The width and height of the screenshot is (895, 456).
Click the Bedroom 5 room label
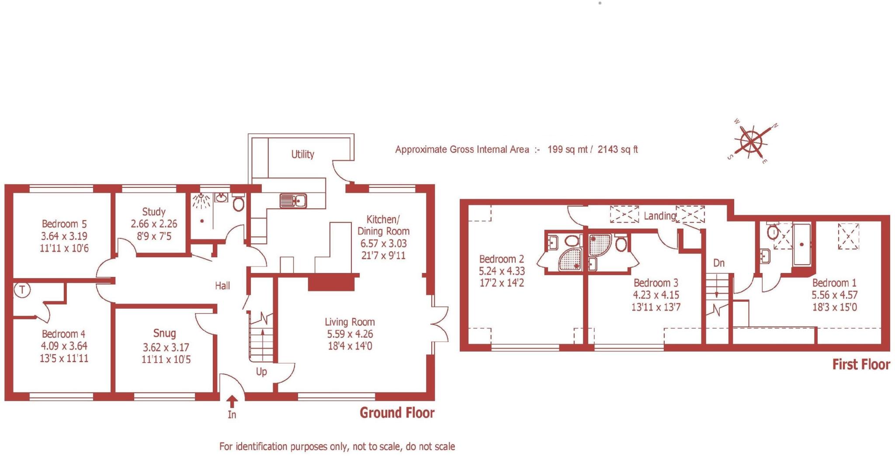tap(64, 224)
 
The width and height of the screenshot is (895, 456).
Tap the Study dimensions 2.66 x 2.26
tap(154, 224)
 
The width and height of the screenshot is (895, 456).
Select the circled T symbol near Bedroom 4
tap(22, 290)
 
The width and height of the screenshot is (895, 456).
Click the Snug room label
tap(164, 334)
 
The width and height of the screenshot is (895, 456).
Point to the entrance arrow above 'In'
tap(232, 401)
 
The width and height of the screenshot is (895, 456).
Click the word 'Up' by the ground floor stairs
tap(261, 372)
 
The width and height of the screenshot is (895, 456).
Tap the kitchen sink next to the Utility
tap(293, 201)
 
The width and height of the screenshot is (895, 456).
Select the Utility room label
tap(302, 154)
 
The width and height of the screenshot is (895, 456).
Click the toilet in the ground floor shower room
tap(238, 204)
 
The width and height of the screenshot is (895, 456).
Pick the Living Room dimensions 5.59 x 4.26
tap(350, 334)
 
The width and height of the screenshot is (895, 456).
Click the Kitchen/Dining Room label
tap(383, 225)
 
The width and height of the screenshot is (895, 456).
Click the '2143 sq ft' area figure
tap(617, 149)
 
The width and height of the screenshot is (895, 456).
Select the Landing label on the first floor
tap(659, 216)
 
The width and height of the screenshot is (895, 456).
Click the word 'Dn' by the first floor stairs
tap(719, 263)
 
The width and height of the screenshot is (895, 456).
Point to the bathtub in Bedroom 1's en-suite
tap(801, 245)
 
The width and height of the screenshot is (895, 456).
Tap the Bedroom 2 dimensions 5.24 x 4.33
tap(502, 271)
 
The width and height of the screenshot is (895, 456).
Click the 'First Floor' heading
tap(860, 365)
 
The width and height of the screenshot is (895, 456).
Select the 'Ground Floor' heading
tap(397, 413)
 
